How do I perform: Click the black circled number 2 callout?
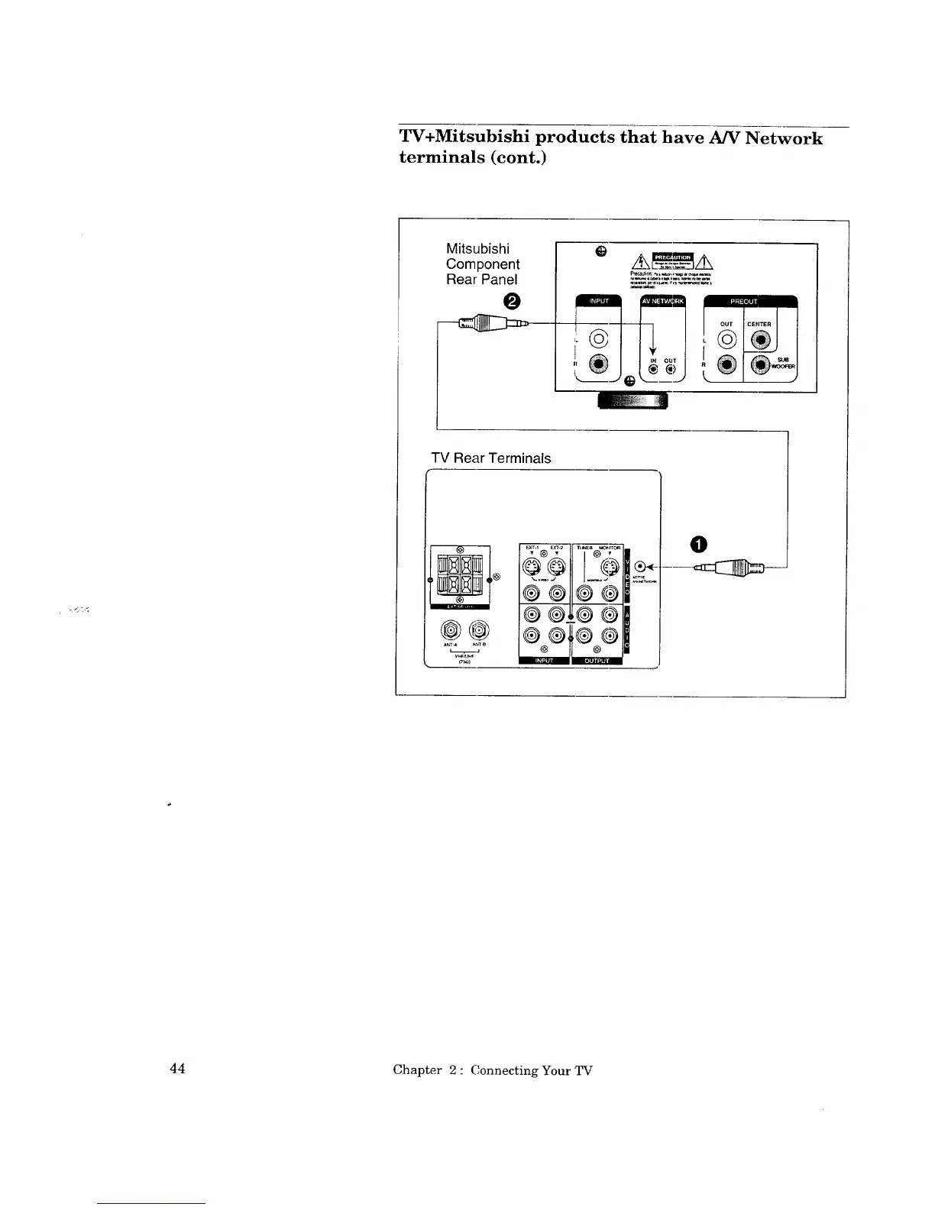(x=511, y=300)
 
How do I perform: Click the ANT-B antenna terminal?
(x=479, y=630)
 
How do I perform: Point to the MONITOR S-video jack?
(x=610, y=567)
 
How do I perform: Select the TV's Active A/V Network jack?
(x=642, y=566)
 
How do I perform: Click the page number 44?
(x=177, y=1068)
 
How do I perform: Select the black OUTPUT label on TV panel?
(x=597, y=661)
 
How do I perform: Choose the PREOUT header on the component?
(x=749, y=301)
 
